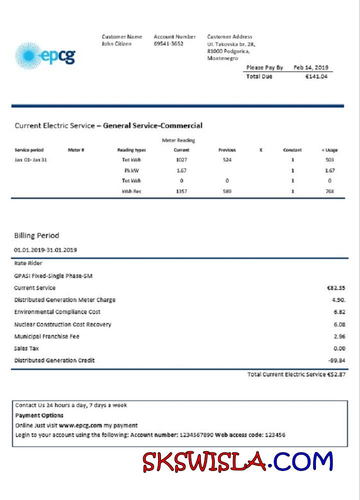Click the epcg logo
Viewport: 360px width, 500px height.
click(x=45, y=55)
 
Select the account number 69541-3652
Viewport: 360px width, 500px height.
click(x=168, y=44)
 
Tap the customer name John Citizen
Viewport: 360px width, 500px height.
click(x=116, y=44)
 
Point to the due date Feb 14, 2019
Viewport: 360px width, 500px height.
click(x=310, y=67)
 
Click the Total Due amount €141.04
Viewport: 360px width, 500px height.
click(x=316, y=76)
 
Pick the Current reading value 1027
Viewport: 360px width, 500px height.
click(x=181, y=160)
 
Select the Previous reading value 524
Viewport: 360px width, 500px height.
click(x=227, y=160)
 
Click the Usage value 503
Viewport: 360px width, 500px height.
click(x=329, y=160)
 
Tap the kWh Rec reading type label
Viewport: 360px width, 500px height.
click(x=131, y=191)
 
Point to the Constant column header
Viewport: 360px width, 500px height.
click(x=292, y=150)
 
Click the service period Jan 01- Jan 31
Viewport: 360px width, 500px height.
click(x=31, y=160)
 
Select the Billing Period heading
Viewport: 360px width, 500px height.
click(x=36, y=235)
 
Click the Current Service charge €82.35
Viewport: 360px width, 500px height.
click(x=335, y=288)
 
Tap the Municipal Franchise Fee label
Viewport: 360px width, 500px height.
click(x=46, y=336)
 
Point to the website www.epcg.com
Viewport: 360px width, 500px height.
click(x=80, y=425)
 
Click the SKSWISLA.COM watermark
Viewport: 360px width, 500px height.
click(x=237, y=462)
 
